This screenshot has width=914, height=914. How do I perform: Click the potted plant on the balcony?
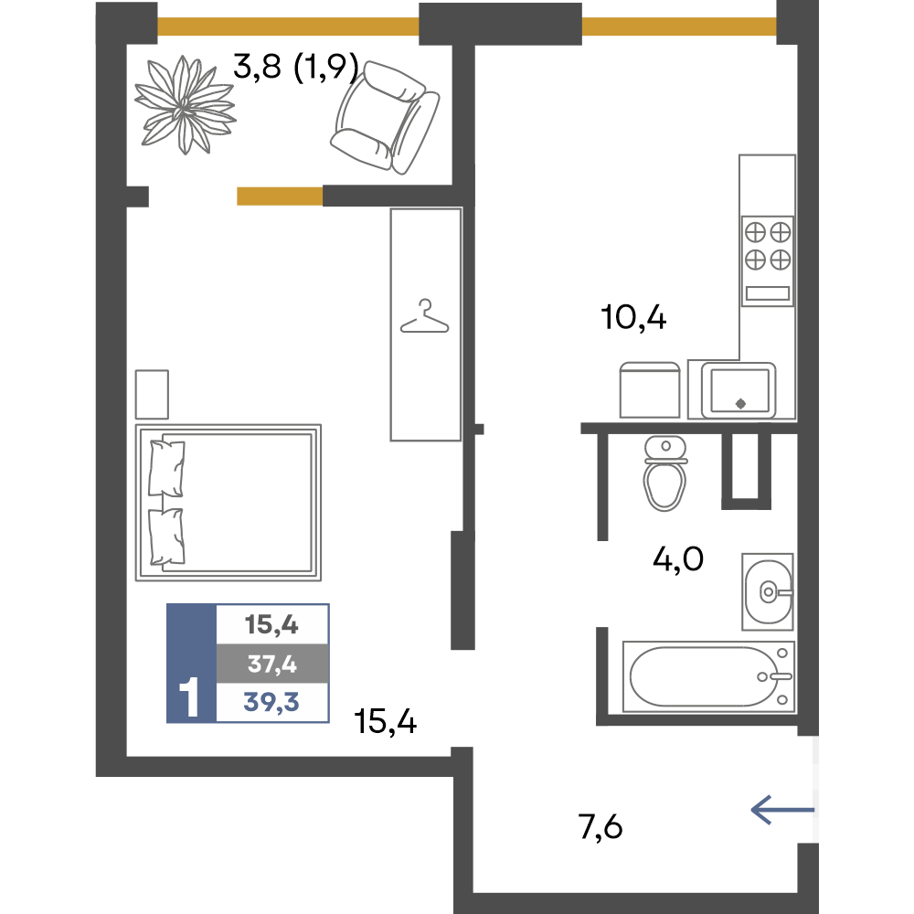tap(185, 105)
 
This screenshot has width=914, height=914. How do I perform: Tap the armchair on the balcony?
tap(385, 118)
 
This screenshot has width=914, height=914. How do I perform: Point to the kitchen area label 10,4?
tap(633, 318)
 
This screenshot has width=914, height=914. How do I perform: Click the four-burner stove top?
tap(768, 260)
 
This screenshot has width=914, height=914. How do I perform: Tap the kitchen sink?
tap(739, 390)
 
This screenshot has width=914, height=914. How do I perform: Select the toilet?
tap(665, 473)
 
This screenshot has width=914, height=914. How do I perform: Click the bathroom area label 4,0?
tap(678, 559)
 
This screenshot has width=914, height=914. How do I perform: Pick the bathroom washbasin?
tap(768, 591)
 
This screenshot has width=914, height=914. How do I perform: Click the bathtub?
tap(709, 676)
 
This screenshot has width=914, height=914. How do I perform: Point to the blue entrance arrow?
tap(782, 810)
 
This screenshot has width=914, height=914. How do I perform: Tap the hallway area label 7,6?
tap(600, 827)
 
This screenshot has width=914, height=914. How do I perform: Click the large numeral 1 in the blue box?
tap(189, 696)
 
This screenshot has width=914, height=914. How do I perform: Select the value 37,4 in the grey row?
tap(272, 664)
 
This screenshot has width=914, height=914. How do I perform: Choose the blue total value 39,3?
tap(271, 702)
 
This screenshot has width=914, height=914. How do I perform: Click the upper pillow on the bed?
tap(166, 468)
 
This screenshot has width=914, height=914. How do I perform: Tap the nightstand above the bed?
tap(152, 394)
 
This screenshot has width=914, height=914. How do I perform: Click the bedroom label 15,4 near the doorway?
tap(386, 722)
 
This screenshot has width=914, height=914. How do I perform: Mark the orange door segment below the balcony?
tap(280, 197)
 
